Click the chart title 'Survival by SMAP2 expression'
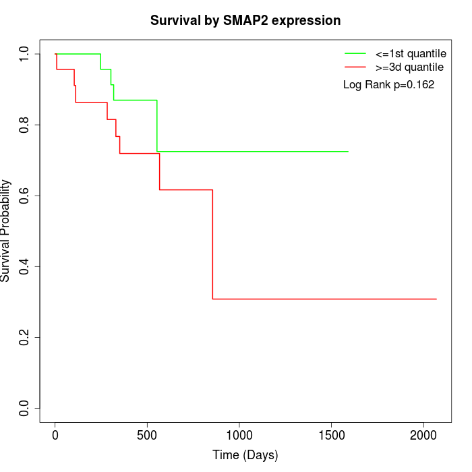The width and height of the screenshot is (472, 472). (x=245, y=20)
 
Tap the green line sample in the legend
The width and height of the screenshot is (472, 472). (x=355, y=53)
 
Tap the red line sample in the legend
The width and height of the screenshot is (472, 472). (x=355, y=67)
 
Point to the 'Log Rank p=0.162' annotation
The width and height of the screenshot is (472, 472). (x=388, y=85)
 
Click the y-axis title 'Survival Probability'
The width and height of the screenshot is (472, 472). (x=6, y=231)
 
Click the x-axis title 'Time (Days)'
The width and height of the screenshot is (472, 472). (x=245, y=455)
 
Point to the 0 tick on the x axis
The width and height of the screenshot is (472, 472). (x=55, y=436)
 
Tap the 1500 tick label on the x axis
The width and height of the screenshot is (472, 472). (x=332, y=436)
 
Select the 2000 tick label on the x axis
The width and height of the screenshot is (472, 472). (x=423, y=436)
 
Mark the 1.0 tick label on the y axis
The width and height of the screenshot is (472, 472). (x=25, y=54)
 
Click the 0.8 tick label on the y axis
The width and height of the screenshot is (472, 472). (x=25, y=125)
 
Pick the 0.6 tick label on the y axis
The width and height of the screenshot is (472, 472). (x=25, y=196)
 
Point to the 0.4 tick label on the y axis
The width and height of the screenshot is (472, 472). (x=25, y=266)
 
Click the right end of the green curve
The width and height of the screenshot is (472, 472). (x=348, y=152)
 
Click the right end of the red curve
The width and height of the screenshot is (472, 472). (x=436, y=299)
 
